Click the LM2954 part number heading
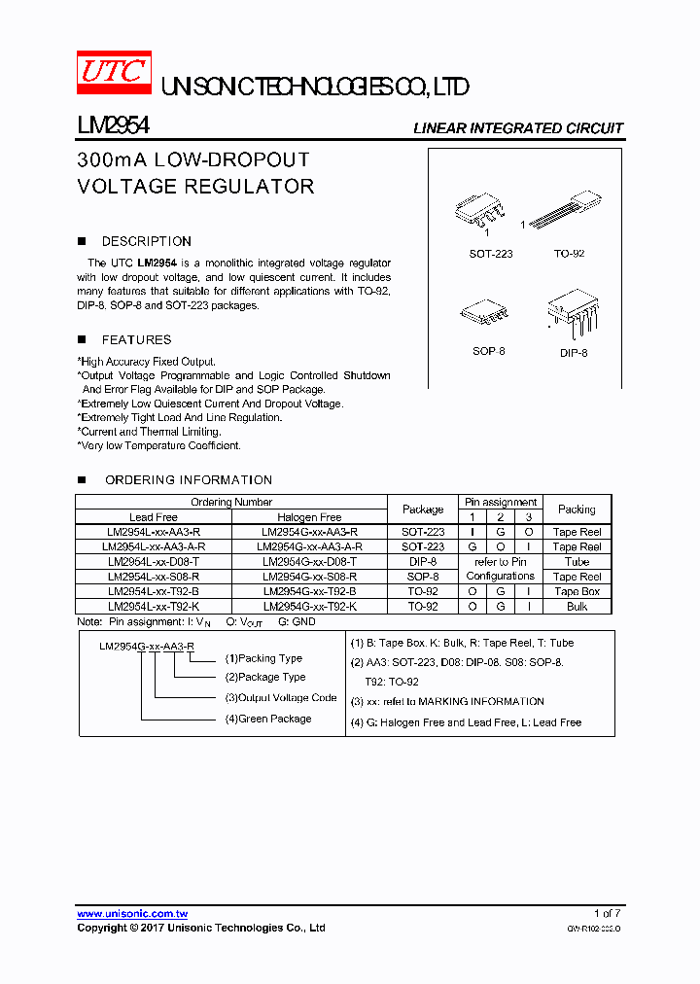pyautogui.click(x=113, y=126)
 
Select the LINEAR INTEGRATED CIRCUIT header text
pyautogui.click(x=517, y=128)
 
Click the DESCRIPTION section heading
pyautogui.click(x=146, y=241)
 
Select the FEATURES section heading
pyautogui.click(x=136, y=339)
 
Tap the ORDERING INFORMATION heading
pyautogui.click(x=188, y=479)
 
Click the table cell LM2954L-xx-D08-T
pyautogui.click(x=154, y=562)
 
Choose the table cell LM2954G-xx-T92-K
pyautogui.click(x=309, y=606)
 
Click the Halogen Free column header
pyautogui.click(x=309, y=517)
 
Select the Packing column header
pyautogui.click(x=577, y=509)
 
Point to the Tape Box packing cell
pyautogui.click(x=577, y=591)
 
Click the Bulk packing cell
pyautogui.click(x=577, y=606)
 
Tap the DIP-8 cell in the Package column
pyautogui.click(x=423, y=562)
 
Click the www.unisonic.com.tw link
pyautogui.click(x=132, y=914)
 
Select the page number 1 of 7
pyautogui.click(x=606, y=913)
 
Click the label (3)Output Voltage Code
pyautogui.click(x=281, y=698)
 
